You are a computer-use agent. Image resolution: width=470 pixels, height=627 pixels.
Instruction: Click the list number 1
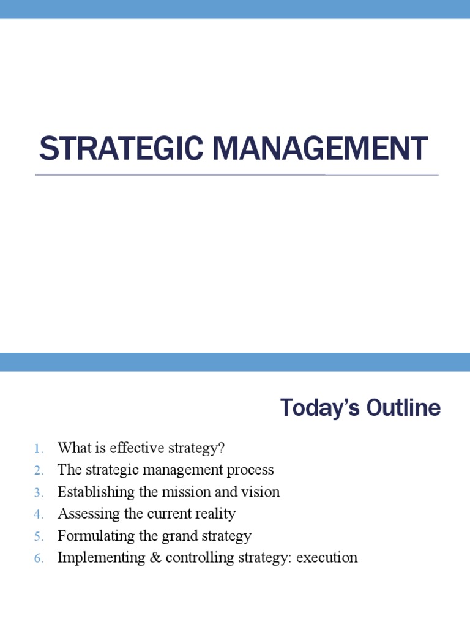click(39, 449)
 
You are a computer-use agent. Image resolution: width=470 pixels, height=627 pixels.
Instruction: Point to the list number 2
click(39, 471)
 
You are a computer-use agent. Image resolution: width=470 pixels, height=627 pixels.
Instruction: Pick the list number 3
click(39, 493)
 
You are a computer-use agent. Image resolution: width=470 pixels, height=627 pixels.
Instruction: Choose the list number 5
click(39, 537)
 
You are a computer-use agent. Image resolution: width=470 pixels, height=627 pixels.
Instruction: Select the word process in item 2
click(252, 470)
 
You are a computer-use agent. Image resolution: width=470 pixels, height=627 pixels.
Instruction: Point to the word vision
click(263, 492)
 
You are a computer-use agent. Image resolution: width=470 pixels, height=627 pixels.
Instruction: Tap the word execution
click(327, 558)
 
